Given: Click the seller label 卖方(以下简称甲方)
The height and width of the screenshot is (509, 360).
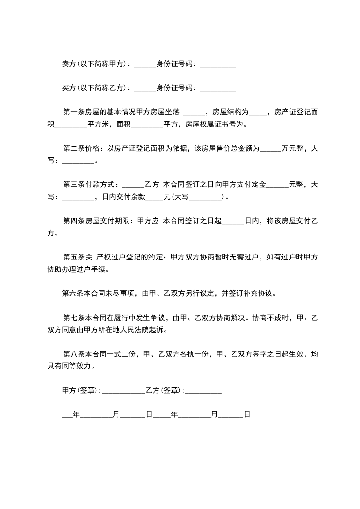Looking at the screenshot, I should [95, 64].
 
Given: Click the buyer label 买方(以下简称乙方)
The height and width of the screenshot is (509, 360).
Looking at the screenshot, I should [95, 88].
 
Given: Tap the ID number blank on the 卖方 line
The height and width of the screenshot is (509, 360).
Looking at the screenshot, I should [217, 65].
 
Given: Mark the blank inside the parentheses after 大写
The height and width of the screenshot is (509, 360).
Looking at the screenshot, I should [207, 198].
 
